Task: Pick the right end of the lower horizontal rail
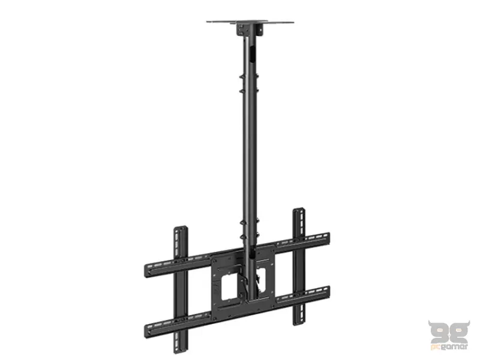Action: click(326, 293)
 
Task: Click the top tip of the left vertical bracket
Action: click(178, 229)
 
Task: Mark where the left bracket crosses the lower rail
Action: click(179, 323)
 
